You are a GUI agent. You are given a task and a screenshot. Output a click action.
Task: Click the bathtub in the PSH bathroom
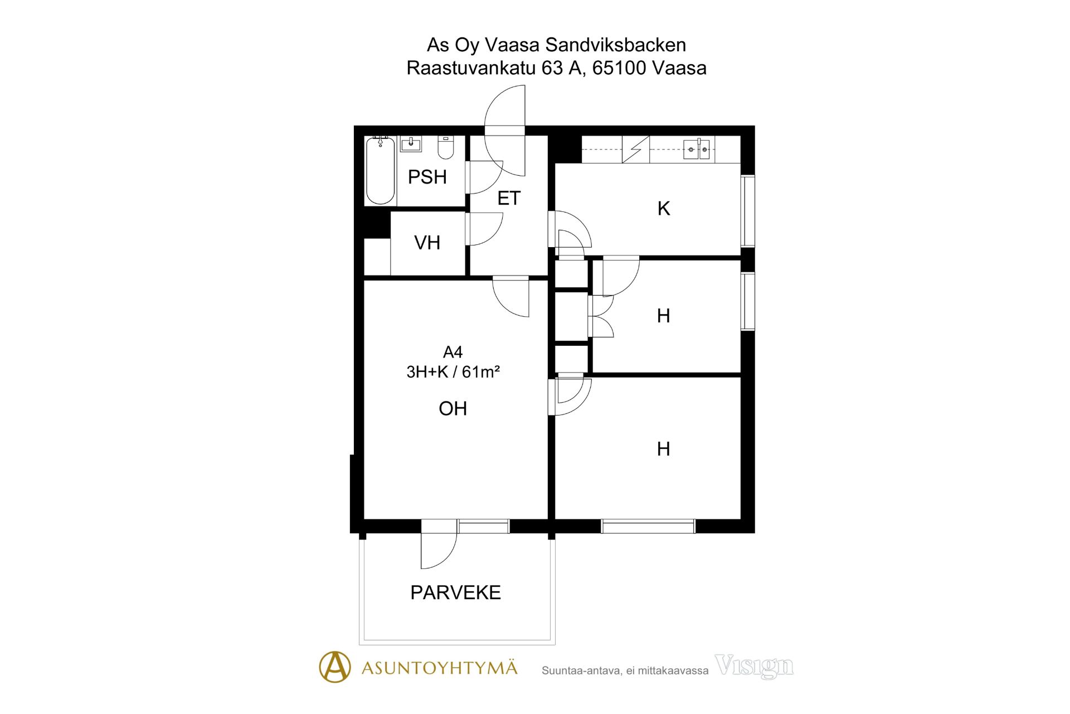point(381,171)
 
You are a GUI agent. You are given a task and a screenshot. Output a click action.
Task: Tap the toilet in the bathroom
point(446,147)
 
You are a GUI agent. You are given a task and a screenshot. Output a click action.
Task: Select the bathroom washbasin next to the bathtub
point(411,144)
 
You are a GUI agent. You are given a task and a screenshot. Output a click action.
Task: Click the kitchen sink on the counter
point(697,149)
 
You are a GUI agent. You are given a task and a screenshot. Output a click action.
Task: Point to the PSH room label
point(427,177)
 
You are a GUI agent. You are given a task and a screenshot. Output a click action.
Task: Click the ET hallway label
point(509,198)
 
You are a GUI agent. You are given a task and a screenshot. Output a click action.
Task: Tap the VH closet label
point(427,243)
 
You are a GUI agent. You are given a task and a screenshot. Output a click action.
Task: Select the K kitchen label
point(664,209)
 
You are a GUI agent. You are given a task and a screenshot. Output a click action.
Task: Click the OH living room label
point(453,408)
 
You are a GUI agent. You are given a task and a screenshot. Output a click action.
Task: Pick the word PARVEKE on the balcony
point(455,592)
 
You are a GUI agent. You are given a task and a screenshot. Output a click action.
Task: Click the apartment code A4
point(453,352)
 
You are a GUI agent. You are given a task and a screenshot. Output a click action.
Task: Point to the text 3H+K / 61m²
point(453,372)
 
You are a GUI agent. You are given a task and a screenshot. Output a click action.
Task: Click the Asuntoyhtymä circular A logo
point(335,667)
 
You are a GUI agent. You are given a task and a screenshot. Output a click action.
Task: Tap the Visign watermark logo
point(754,666)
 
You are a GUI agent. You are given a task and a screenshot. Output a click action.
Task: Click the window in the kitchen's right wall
point(748,211)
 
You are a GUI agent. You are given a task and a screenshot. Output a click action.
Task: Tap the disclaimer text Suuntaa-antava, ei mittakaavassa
point(625,670)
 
